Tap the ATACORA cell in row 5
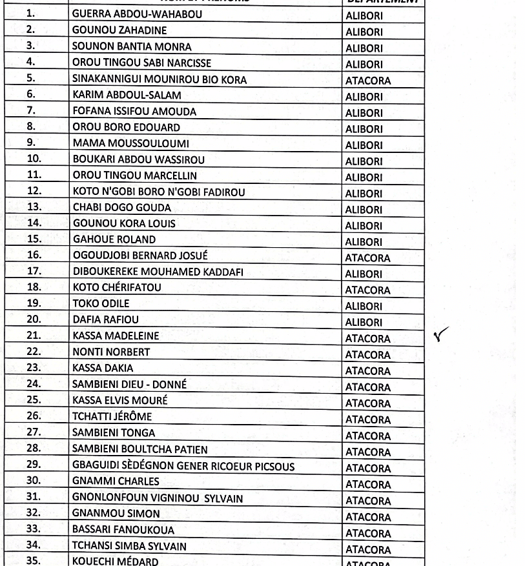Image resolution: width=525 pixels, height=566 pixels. tap(367, 81)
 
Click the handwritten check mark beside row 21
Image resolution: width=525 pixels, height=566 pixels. tap(442, 334)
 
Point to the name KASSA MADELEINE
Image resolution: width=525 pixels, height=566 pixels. tap(116, 336)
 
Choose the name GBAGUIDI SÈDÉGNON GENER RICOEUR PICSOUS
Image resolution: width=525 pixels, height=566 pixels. tap(183, 466)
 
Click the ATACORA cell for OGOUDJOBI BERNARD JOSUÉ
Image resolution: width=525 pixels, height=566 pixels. tap(367, 258)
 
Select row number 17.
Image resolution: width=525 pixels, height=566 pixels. tap(34, 271)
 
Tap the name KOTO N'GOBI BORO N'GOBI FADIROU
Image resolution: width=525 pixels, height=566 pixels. tap(159, 192)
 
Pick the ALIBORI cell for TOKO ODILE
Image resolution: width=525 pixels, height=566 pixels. tap(364, 307)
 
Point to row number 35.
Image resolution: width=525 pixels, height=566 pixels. tap(34, 560)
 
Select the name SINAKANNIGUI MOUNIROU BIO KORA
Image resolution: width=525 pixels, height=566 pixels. tap(160, 80)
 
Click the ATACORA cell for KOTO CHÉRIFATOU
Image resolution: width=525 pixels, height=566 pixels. tap(367, 290)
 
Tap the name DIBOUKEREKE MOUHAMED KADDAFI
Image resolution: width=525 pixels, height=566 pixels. tap(158, 272)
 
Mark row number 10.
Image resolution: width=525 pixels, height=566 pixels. tap(34, 159)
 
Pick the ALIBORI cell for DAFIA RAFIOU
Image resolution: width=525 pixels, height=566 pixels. tap(364, 323)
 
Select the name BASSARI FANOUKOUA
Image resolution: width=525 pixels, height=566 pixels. tap(123, 530)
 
